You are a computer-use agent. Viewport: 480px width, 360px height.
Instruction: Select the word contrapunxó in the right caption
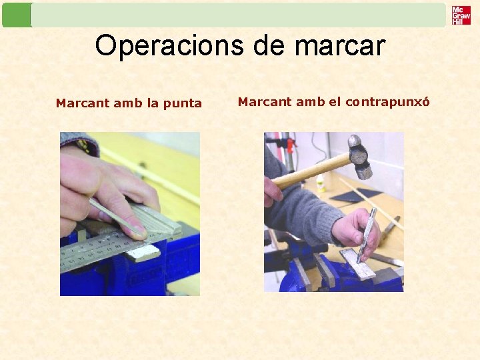(x=387, y=102)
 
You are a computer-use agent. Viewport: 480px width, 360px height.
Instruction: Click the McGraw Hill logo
(x=461, y=15)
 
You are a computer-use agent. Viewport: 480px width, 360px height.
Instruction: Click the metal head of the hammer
(x=360, y=157)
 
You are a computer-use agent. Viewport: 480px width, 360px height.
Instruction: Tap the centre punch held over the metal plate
(x=367, y=233)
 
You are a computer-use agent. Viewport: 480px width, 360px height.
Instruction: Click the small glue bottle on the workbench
(x=321, y=183)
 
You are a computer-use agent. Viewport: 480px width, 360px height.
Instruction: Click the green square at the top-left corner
(x=17, y=15)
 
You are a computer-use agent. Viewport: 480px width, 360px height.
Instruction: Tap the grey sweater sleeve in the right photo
(x=300, y=213)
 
